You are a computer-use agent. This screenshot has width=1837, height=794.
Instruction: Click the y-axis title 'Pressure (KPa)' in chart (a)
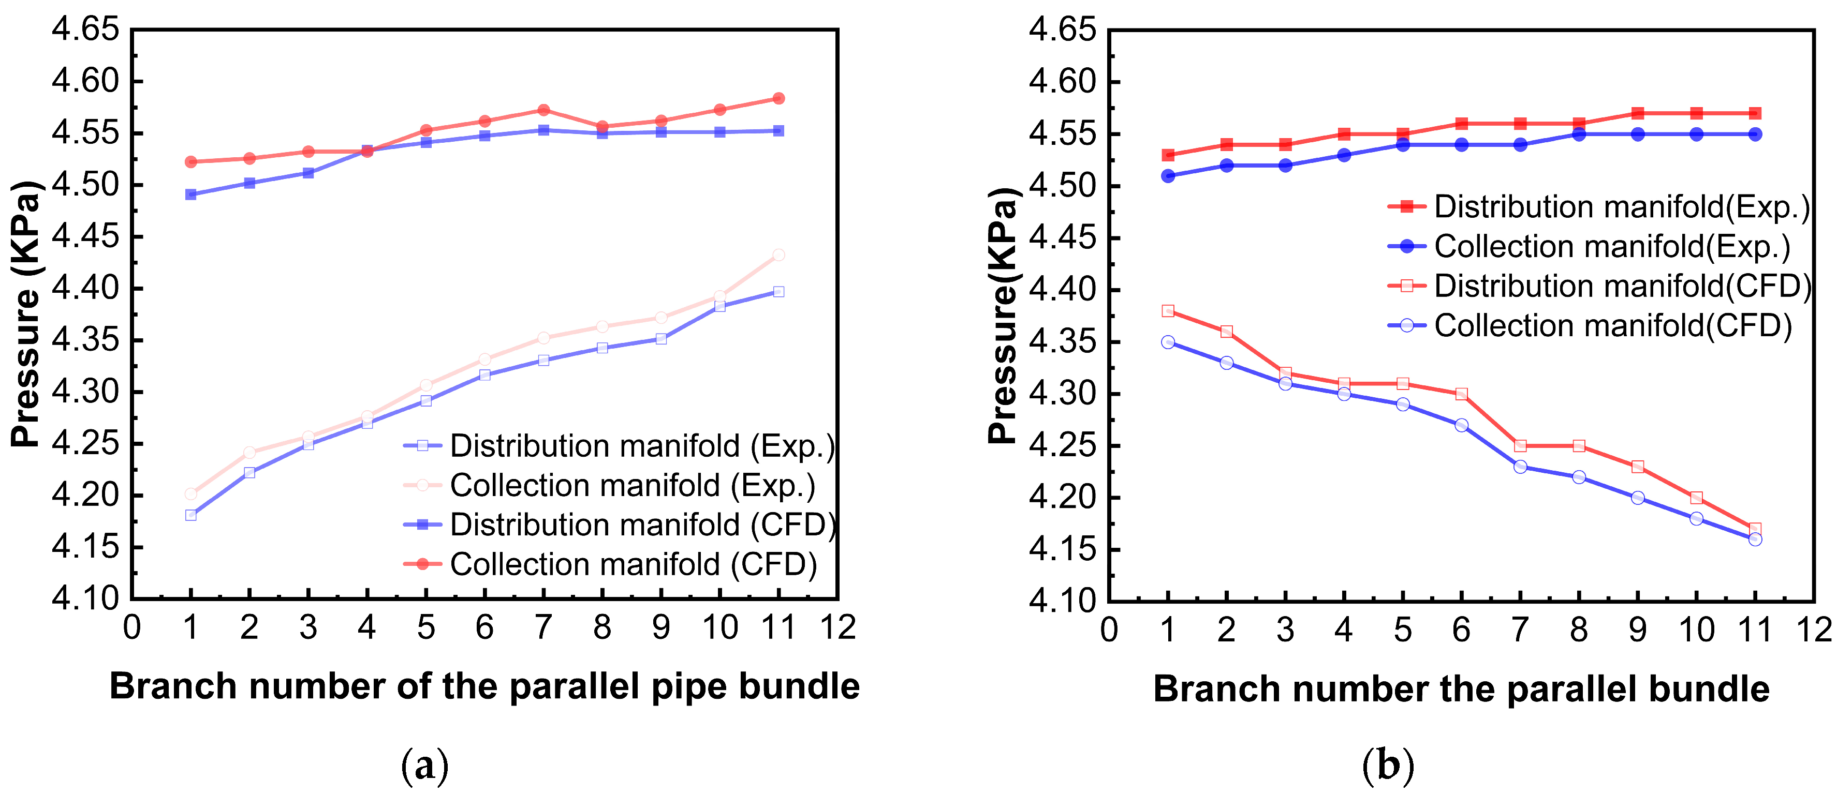point(27,313)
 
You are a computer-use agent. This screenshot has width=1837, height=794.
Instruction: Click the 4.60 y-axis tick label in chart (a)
point(85,81)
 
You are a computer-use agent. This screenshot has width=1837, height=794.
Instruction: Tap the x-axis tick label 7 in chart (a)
point(543,627)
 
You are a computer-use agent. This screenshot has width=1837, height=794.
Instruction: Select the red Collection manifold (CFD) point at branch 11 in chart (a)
point(778,98)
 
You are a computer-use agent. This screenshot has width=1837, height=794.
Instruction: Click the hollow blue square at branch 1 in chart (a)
point(190,515)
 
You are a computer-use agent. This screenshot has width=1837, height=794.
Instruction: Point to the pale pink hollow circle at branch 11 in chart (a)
point(778,255)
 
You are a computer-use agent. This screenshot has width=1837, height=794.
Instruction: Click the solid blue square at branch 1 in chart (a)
point(190,194)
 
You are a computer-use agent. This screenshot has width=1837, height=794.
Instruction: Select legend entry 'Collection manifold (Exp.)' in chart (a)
point(610,485)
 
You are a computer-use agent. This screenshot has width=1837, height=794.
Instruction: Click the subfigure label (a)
point(425,766)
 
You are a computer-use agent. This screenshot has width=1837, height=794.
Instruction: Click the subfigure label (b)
point(1388,766)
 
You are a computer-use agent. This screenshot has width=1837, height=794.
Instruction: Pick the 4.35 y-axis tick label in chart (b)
point(1062,342)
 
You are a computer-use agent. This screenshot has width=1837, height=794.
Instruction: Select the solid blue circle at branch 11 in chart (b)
point(1755,134)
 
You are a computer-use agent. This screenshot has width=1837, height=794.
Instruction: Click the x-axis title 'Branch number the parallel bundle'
point(1461,689)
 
